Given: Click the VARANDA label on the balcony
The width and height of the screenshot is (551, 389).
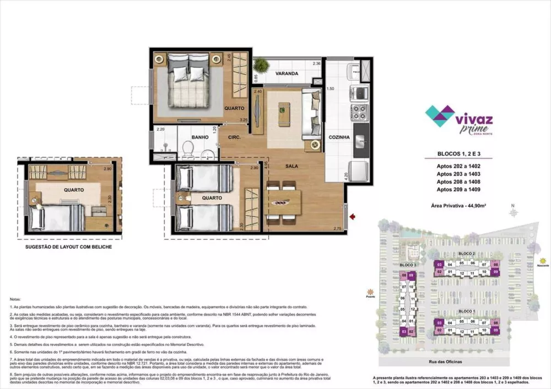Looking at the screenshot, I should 287,73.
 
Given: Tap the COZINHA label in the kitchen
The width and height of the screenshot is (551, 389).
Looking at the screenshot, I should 340,139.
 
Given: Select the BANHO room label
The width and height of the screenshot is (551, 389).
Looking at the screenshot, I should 199,138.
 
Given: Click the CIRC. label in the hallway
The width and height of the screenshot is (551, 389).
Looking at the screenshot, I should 228,138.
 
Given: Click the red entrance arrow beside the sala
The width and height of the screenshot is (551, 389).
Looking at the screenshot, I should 353,218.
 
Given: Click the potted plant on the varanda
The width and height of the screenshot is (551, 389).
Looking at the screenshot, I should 262,66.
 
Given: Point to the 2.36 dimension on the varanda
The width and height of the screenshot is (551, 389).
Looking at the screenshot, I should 316,64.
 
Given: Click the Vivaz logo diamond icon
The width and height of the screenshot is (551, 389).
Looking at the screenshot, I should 440,116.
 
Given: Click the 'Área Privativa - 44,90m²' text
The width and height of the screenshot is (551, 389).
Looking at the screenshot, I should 459,205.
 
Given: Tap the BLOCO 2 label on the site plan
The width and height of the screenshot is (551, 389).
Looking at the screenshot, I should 466,253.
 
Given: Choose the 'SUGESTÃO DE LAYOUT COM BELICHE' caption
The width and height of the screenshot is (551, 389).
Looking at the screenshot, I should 69,248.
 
